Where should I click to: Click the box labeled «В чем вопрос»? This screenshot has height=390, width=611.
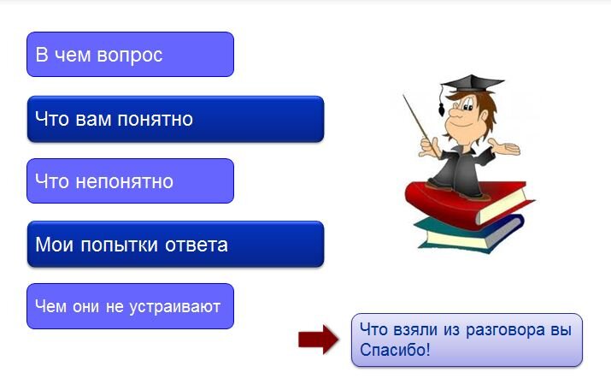130,54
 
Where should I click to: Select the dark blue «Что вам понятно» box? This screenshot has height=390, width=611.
175,119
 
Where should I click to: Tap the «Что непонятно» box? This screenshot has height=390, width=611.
130,181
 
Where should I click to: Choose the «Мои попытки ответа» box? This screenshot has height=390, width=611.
175,244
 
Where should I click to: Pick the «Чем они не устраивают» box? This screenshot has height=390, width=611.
130,306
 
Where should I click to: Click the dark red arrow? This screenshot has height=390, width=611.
319,340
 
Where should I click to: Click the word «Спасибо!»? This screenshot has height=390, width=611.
395,350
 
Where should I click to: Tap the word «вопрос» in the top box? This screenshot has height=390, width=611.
129,56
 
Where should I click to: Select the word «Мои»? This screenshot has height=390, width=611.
54,245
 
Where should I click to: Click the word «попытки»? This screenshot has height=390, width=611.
120,245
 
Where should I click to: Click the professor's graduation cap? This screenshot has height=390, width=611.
472,84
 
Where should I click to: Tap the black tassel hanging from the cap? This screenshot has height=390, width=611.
442,109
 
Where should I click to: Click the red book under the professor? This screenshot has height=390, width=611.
467,204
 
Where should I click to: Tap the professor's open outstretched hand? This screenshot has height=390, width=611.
505,147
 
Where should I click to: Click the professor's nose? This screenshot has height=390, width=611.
455,114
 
